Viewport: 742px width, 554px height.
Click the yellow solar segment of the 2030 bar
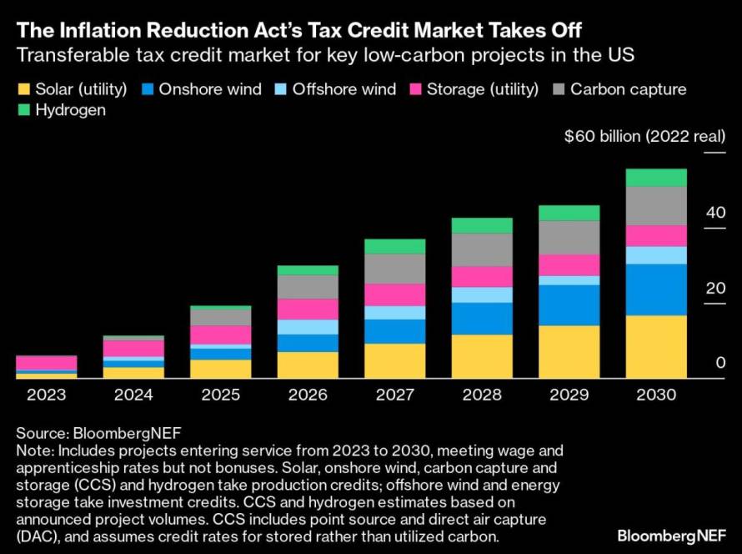[656, 346]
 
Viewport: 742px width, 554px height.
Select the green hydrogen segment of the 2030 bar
[656, 178]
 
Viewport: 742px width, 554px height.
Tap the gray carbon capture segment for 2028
[482, 249]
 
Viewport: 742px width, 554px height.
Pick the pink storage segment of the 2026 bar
[308, 310]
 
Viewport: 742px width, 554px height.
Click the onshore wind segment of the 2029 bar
[569, 305]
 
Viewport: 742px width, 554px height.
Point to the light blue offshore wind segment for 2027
[394, 313]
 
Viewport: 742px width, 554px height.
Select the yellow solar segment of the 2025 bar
[220, 369]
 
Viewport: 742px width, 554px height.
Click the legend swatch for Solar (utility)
[23, 89]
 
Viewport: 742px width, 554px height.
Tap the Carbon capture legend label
[628, 89]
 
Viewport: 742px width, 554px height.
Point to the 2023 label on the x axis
[46, 395]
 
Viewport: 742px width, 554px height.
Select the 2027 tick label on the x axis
[394, 395]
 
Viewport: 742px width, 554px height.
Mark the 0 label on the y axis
[719, 364]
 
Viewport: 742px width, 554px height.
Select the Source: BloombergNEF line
[98, 433]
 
